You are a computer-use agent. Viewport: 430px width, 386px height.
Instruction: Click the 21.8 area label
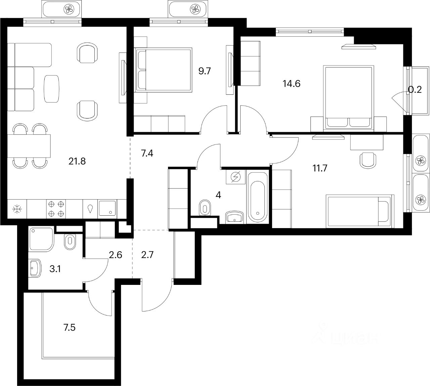coord(77,161)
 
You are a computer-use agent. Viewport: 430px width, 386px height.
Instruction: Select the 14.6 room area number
coord(291,83)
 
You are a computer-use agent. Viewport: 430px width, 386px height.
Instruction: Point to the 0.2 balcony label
coord(415,90)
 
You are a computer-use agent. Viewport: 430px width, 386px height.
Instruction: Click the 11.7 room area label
coord(320,168)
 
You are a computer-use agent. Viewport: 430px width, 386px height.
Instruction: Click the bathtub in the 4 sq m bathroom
coord(258,197)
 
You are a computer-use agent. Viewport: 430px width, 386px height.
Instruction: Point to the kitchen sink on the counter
coord(108,208)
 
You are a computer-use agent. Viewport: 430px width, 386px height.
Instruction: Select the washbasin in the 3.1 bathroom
coord(35,268)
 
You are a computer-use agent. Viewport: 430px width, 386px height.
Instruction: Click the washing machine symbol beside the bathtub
coord(236,177)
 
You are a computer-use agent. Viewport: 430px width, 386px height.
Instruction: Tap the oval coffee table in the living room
coord(52,89)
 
